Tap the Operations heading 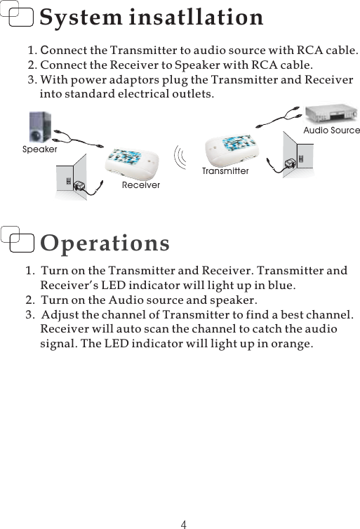click(105, 243)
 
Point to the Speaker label click(39, 149)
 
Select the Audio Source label click(331, 130)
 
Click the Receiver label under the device click(140, 185)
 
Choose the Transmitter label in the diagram click(225, 171)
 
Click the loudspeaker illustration click(39, 126)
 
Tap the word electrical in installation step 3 click(141, 93)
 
